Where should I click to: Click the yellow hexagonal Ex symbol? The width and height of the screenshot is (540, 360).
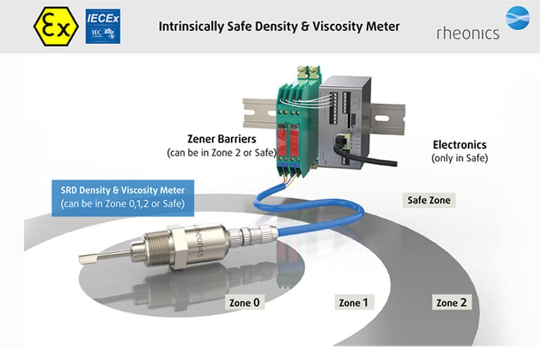pyautogui.click(x=55, y=26)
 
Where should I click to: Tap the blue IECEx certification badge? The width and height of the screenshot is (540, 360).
pyautogui.click(x=103, y=26)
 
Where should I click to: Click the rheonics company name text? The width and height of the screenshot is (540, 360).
pyautogui.click(x=468, y=33)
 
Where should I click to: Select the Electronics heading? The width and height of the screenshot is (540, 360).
pyautogui.click(x=460, y=145)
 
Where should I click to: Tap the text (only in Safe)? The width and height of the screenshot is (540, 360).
pyautogui.click(x=460, y=158)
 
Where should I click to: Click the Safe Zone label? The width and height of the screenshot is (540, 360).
pyautogui.click(x=429, y=200)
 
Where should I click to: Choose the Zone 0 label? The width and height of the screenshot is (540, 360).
pyautogui.click(x=245, y=302)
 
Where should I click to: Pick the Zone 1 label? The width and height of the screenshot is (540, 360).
pyautogui.click(x=353, y=302)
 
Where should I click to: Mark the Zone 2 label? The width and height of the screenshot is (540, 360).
pyautogui.click(x=451, y=302)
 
